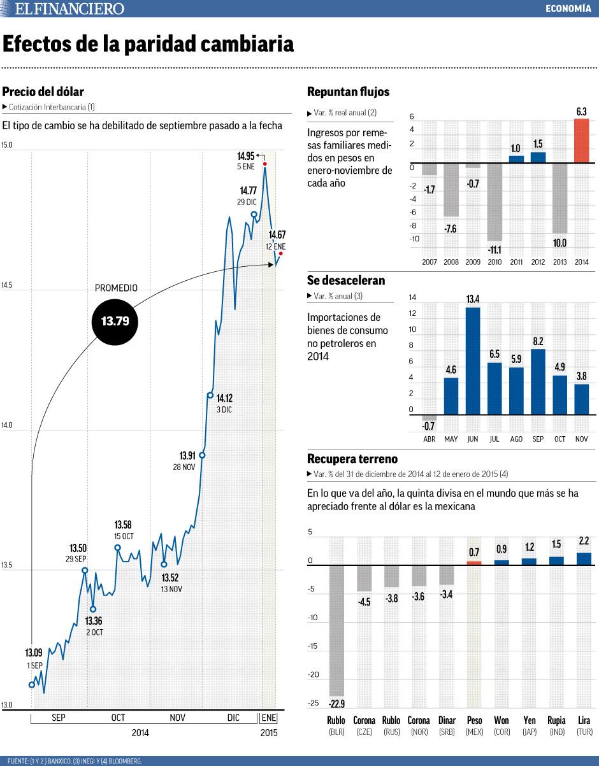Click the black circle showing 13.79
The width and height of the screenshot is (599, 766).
coord(115,322)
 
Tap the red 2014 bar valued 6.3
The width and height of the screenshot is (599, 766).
coord(581,141)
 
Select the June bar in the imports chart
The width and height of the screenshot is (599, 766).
coord(473,360)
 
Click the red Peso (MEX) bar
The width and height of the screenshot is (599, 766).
coord(474,562)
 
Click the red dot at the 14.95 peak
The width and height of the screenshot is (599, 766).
coord(264,165)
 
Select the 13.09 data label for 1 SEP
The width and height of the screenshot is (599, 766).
coord(34,653)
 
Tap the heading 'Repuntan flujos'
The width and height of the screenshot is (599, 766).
coord(348,92)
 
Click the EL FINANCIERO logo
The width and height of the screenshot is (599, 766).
coord(69,8)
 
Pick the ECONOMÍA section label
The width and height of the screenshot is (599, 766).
coord(568,8)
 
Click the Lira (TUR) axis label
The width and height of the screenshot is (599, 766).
coord(584,726)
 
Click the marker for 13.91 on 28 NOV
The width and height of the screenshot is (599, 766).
coord(202,455)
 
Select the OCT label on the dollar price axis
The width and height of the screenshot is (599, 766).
coord(118,718)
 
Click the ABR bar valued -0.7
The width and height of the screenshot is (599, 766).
coord(429,418)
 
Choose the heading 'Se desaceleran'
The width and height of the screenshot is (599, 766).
coord(346,280)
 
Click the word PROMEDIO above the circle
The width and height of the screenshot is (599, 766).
coord(116,288)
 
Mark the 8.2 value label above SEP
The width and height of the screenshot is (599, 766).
coord(538,341)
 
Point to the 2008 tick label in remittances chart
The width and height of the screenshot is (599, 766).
coord(451,262)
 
